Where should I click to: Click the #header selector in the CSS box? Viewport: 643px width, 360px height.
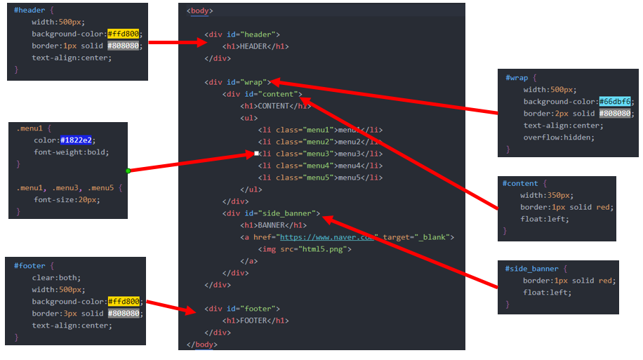(29, 11)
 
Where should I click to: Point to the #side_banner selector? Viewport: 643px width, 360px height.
(533, 268)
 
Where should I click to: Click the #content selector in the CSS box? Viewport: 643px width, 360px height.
(519, 183)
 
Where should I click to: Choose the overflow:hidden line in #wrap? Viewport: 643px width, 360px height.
(559, 138)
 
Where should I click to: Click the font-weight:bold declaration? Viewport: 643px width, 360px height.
(72, 152)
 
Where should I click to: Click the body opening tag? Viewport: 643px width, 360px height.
(200, 11)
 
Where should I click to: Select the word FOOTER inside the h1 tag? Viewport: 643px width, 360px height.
(256, 321)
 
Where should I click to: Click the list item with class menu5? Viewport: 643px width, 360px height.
(320, 178)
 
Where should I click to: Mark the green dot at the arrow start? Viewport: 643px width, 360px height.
(128, 171)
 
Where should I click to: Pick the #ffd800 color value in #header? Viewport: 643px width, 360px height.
(124, 34)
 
